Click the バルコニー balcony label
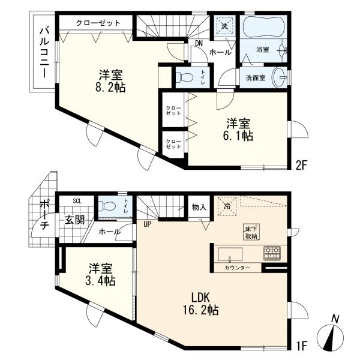click(x=44, y=52)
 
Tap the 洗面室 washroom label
click(x=256, y=78)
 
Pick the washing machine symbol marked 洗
click(x=224, y=26)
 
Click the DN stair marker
click(x=199, y=43)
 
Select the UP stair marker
click(x=147, y=224)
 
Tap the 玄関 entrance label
click(x=76, y=220)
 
